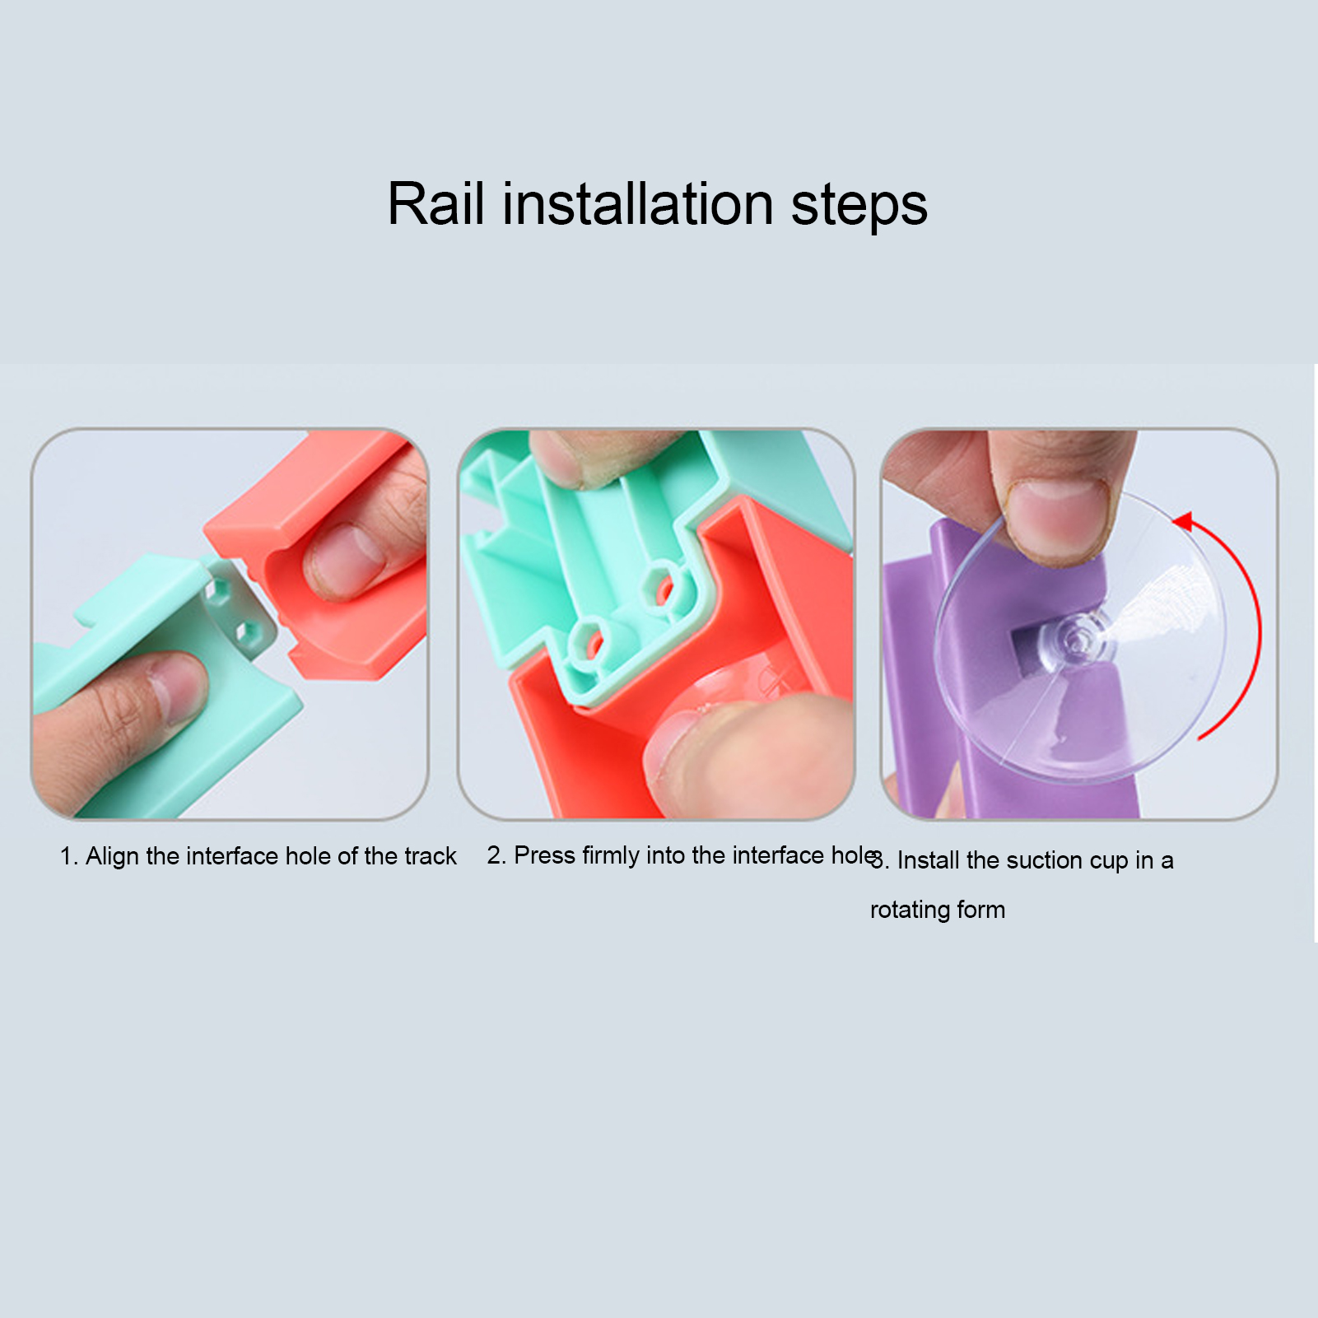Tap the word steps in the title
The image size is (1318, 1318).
[x=859, y=206]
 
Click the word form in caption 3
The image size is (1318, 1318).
[x=981, y=910]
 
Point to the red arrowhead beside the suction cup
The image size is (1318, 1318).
[x=1182, y=521]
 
